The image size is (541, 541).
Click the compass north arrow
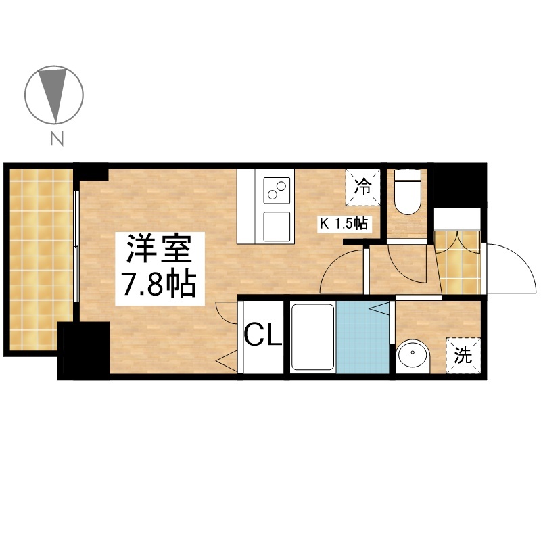54,94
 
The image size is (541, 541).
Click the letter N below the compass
57,139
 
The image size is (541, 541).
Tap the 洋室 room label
160,248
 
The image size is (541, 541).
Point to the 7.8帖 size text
160,285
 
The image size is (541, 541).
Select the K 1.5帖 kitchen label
344,224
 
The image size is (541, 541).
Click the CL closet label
263,334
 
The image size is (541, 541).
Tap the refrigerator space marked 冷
363,187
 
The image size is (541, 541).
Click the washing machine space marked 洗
463,355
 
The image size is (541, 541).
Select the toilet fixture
408,191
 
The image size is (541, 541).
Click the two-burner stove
277,190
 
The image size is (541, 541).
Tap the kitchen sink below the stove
277,227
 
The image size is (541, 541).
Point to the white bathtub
313,337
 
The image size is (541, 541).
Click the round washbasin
413,356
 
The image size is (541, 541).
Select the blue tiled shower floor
362,337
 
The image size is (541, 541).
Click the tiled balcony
41,260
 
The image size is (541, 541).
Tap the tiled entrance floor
458,263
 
